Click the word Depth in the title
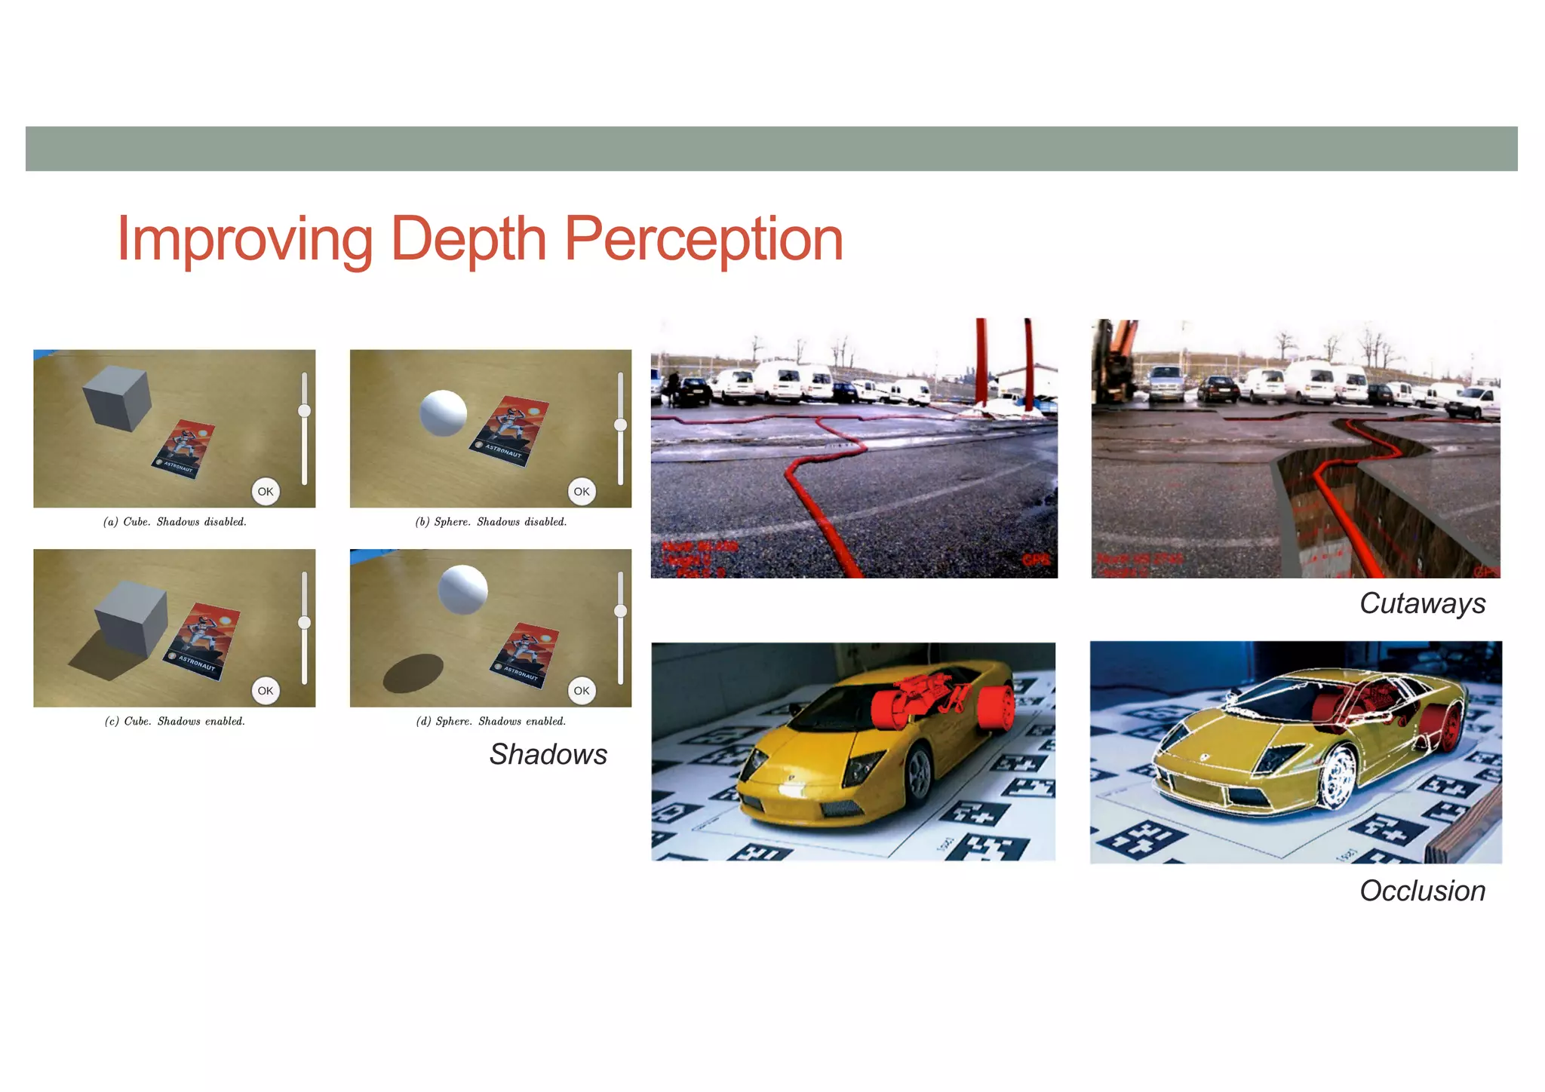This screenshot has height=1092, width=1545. click(x=468, y=240)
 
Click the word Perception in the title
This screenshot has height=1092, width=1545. click(x=703, y=240)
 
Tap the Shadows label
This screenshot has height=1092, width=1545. click(x=548, y=754)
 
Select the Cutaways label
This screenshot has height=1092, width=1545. click(x=1422, y=603)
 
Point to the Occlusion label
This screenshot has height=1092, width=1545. click(x=1422, y=891)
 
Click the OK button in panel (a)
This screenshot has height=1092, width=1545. click(x=266, y=492)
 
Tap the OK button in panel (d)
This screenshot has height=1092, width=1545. click(x=582, y=691)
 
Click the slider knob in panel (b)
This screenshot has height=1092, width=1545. click(x=621, y=425)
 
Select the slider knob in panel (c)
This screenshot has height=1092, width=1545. click(x=305, y=622)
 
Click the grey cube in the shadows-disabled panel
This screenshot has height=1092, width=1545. click(x=117, y=397)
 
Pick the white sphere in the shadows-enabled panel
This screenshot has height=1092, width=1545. click(x=463, y=589)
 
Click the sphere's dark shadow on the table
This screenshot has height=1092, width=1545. click(x=413, y=673)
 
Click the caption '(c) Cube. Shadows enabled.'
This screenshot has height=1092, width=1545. click(x=175, y=722)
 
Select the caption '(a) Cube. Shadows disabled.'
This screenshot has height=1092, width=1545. click(x=175, y=522)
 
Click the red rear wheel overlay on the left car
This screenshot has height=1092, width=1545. click(x=997, y=709)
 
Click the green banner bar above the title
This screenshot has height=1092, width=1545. click(x=771, y=149)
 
